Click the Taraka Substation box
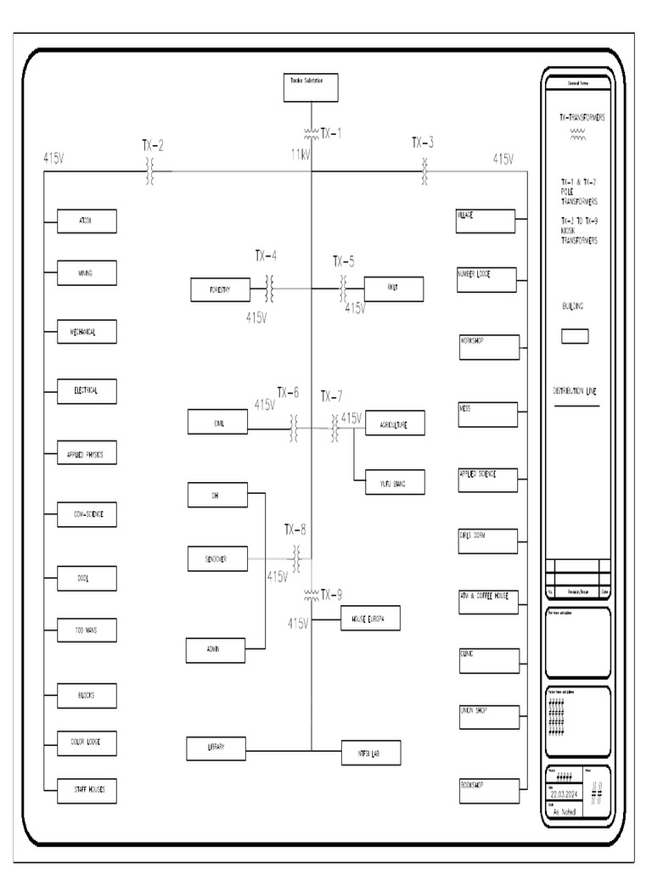pyautogui.click(x=311, y=88)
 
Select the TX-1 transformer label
pyautogui.click(x=330, y=133)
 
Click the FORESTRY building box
pyautogui.click(x=220, y=289)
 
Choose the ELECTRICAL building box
pyautogui.click(x=86, y=391)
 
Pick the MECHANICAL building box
pyautogui.click(x=86, y=332)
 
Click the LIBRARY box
pyautogui.click(x=216, y=748)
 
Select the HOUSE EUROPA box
pyautogui.click(x=369, y=619)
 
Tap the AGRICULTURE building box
pyautogui.click(x=394, y=423)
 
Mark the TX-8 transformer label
pyautogui.click(x=295, y=530)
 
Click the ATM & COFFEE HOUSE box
pyautogui.click(x=487, y=602)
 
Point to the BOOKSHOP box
pyautogui.click(x=487, y=791)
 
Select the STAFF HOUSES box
pyautogui.click(x=86, y=791)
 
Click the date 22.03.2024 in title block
pyautogui.click(x=565, y=794)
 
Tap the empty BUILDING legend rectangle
pyautogui.click(x=575, y=336)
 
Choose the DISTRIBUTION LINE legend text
pyautogui.click(x=575, y=391)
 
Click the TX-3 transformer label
pyautogui.click(x=423, y=142)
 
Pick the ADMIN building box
pyautogui.click(x=216, y=650)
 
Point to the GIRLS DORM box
pyautogui.click(x=487, y=541)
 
